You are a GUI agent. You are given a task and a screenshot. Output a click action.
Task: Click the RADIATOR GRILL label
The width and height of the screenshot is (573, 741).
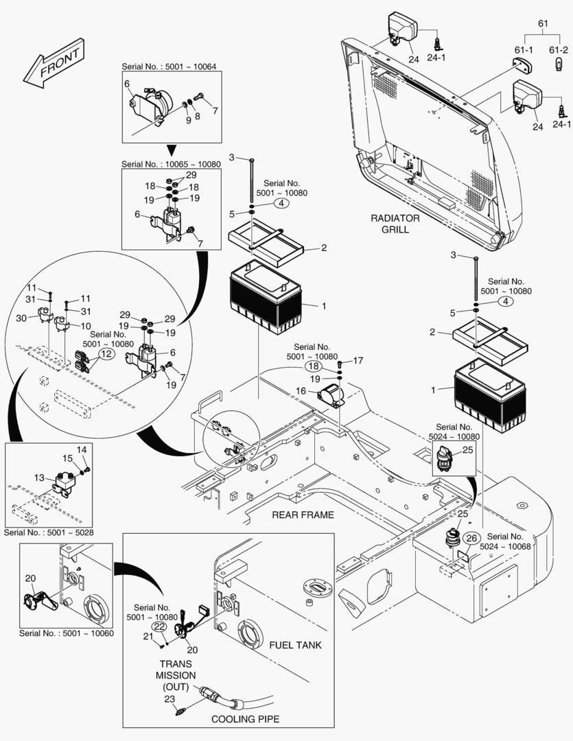click(395, 223)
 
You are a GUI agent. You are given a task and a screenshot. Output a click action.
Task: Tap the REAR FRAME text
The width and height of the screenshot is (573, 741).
click(303, 515)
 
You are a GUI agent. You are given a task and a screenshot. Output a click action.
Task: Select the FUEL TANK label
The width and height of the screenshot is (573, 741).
click(295, 646)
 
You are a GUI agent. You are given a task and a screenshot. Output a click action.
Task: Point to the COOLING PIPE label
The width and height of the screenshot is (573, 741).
click(245, 719)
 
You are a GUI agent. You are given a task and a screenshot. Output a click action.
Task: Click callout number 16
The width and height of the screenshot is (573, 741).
click(301, 390)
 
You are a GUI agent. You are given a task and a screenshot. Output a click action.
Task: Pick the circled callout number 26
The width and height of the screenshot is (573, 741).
click(471, 538)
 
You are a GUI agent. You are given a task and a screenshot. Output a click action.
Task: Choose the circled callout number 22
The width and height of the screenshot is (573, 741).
click(159, 626)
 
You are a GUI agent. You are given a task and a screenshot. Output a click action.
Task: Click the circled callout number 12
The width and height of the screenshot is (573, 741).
click(106, 353)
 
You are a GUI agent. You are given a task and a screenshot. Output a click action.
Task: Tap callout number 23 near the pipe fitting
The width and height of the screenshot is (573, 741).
click(169, 700)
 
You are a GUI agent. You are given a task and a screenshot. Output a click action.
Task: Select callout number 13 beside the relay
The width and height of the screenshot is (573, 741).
click(38, 478)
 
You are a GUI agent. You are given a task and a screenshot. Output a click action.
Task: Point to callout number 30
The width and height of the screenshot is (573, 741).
click(21, 318)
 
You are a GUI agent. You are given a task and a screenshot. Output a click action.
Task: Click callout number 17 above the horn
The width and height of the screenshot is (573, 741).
click(358, 360)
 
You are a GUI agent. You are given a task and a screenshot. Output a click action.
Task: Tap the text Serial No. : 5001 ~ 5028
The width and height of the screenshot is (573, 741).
click(49, 532)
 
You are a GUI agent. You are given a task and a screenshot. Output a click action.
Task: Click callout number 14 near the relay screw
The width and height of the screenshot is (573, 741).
click(82, 449)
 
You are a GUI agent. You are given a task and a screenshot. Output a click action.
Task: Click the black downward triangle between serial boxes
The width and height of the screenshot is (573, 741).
click(172, 150)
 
